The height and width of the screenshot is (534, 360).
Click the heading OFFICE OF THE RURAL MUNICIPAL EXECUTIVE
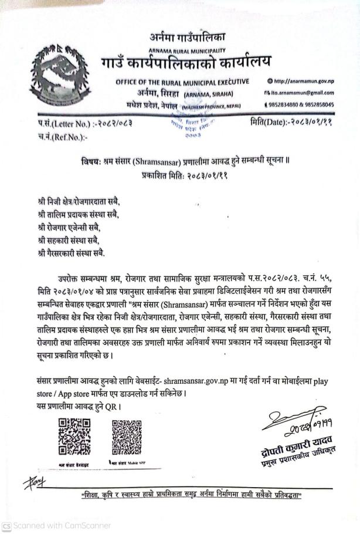click(182, 81)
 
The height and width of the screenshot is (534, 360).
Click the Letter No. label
click(55, 124)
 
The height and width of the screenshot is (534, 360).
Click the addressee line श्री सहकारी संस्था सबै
click(63, 240)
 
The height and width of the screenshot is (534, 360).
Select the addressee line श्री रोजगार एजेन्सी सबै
click(68, 227)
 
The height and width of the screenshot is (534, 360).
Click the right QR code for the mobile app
click(127, 438)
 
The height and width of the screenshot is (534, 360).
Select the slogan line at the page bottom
click(191, 496)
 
